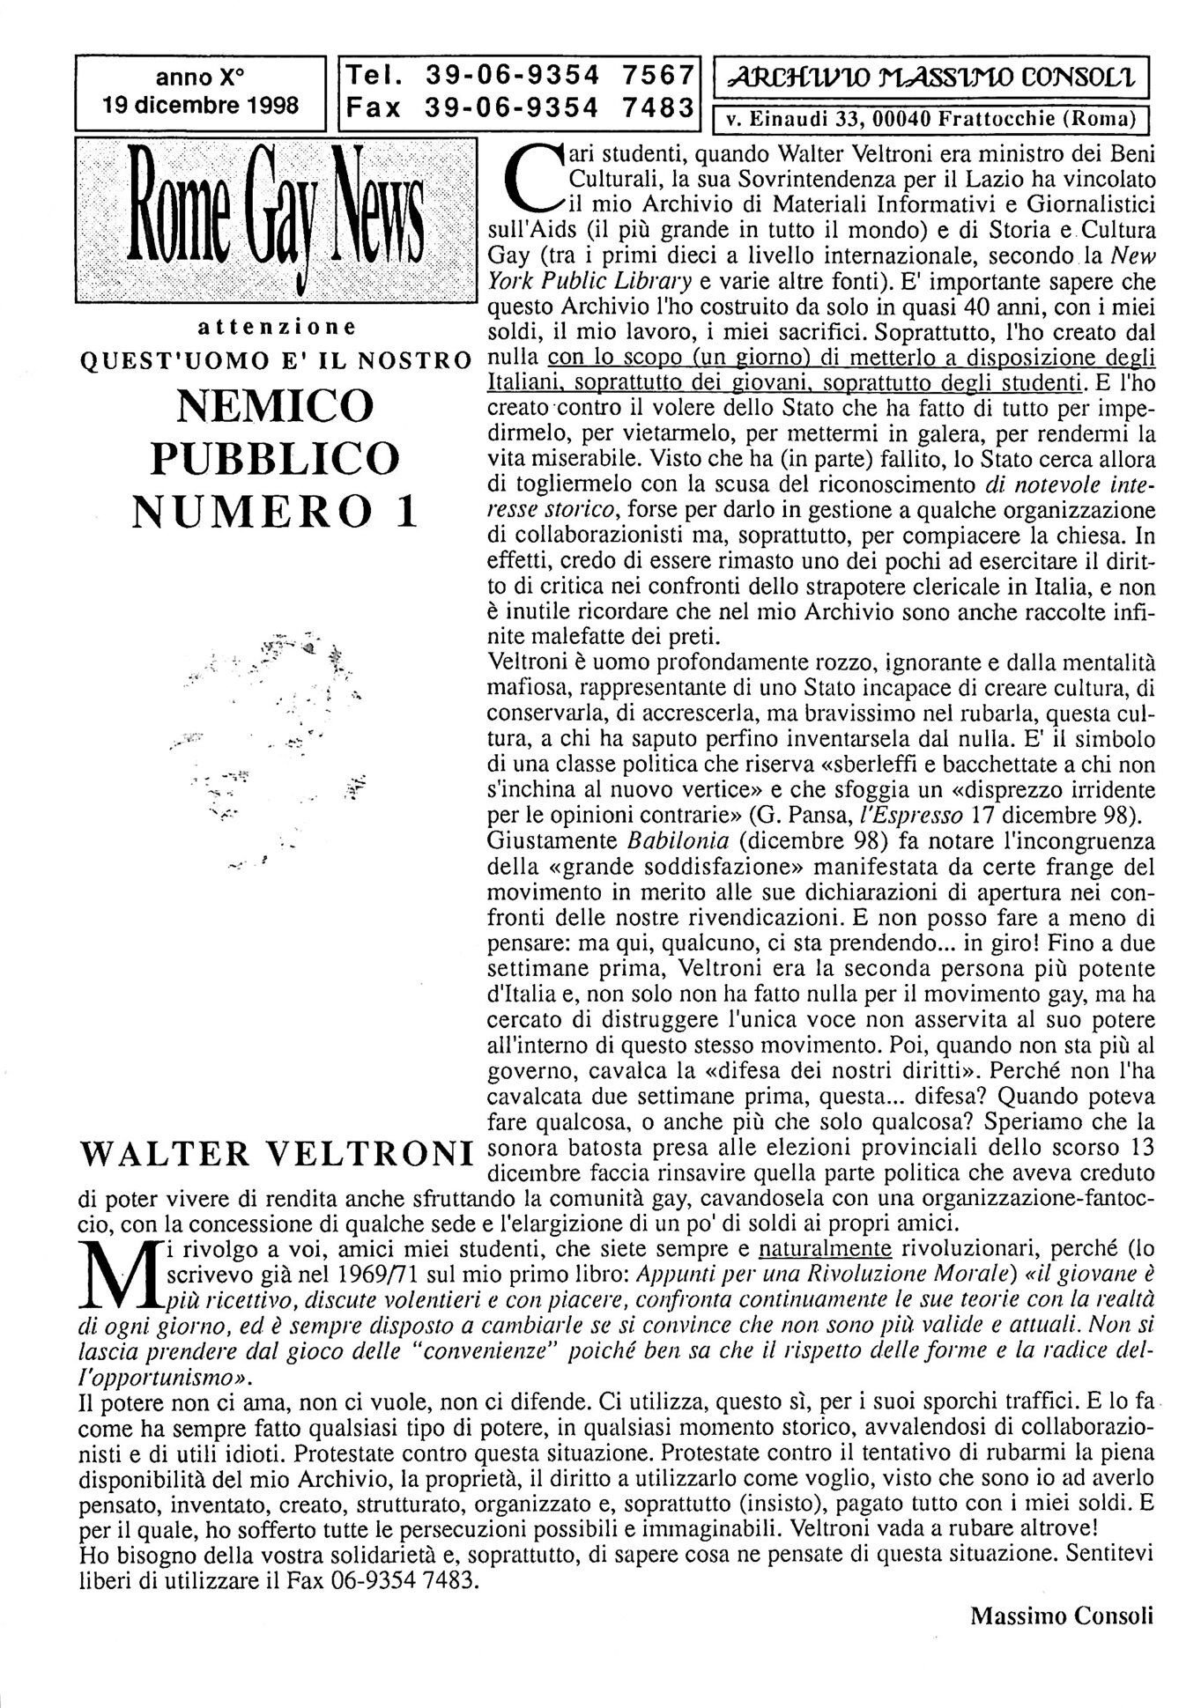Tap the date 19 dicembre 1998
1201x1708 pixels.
200,106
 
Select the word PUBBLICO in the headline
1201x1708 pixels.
275,457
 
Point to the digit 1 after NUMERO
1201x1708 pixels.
406,511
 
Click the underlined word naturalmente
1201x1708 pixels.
826,1248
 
